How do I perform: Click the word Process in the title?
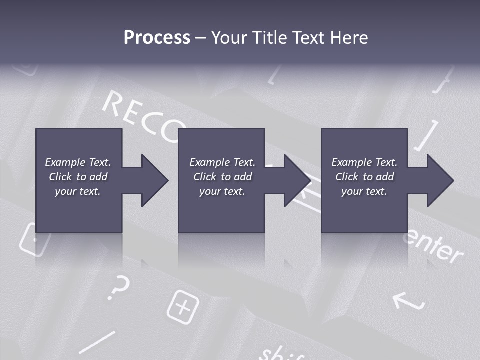click(157, 38)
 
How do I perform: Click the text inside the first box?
click(78, 177)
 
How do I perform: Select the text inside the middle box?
click(222, 177)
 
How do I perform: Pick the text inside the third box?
click(364, 177)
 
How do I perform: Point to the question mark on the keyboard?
click(119, 288)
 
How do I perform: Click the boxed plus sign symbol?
click(182, 306)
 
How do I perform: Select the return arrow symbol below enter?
click(408, 300)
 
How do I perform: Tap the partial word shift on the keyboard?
click(282, 353)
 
